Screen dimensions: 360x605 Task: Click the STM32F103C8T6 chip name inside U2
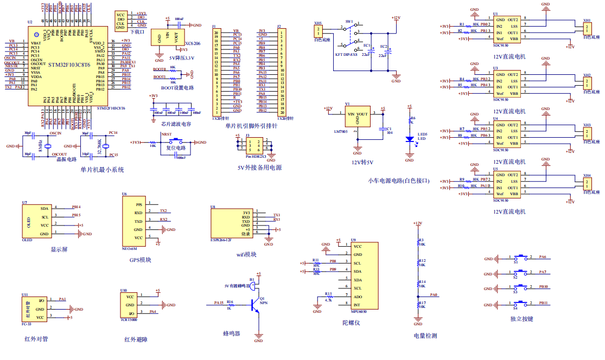point(69,64)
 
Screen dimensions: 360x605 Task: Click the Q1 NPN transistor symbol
point(255,305)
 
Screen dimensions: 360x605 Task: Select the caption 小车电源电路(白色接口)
point(398,180)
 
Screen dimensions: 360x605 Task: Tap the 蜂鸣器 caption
point(232,333)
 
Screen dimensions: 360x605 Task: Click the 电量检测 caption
point(425,336)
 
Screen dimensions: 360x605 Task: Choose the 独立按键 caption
point(521,319)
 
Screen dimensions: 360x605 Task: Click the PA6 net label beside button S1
point(542,257)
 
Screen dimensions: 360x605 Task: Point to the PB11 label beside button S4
point(543,303)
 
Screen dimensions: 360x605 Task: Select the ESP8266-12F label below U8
point(221,239)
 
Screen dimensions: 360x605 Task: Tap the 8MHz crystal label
point(40,146)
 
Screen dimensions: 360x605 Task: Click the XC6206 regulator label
point(193,43)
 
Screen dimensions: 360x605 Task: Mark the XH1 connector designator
point(587,20)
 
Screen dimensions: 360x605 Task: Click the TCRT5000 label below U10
point(129,319)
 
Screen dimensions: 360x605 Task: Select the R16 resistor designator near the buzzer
point(230,302)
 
